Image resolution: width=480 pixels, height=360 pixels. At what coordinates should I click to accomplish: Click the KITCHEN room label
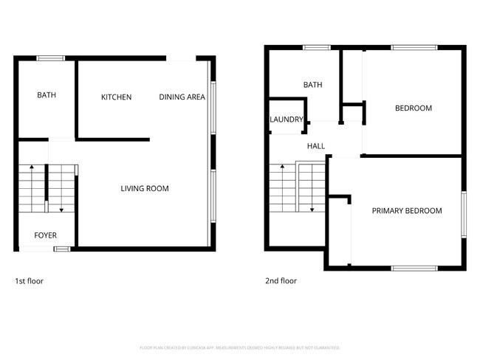click(117, 97)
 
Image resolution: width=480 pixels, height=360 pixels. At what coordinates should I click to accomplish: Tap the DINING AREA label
click(182, 97)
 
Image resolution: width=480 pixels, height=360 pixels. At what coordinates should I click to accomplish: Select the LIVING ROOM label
click(145, 189)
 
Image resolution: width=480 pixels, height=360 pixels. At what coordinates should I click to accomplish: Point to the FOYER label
click(46, 235)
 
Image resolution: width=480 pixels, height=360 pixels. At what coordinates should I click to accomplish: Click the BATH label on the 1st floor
click(47, 95)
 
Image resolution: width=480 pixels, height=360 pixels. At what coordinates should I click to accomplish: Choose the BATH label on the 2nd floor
click(313, 85)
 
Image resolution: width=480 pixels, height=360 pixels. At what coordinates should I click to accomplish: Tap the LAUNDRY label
click(286, 120)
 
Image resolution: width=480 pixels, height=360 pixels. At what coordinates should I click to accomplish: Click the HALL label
click(316, 146)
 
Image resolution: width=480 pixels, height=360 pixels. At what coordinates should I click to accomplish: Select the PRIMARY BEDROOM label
click(407, 211)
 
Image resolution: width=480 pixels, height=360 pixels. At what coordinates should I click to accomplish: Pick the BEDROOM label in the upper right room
click(414, 108)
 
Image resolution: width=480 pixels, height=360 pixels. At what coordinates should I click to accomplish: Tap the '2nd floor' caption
click(281, 281)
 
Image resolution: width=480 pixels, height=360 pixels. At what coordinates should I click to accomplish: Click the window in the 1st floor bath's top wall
click(51, 58)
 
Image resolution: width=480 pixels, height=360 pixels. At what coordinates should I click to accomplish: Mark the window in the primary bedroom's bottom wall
click(409, 268)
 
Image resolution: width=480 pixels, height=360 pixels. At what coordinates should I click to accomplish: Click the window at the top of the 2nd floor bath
click(316, 48)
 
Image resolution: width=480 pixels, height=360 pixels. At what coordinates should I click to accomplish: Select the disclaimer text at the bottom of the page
click(239, 347)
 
